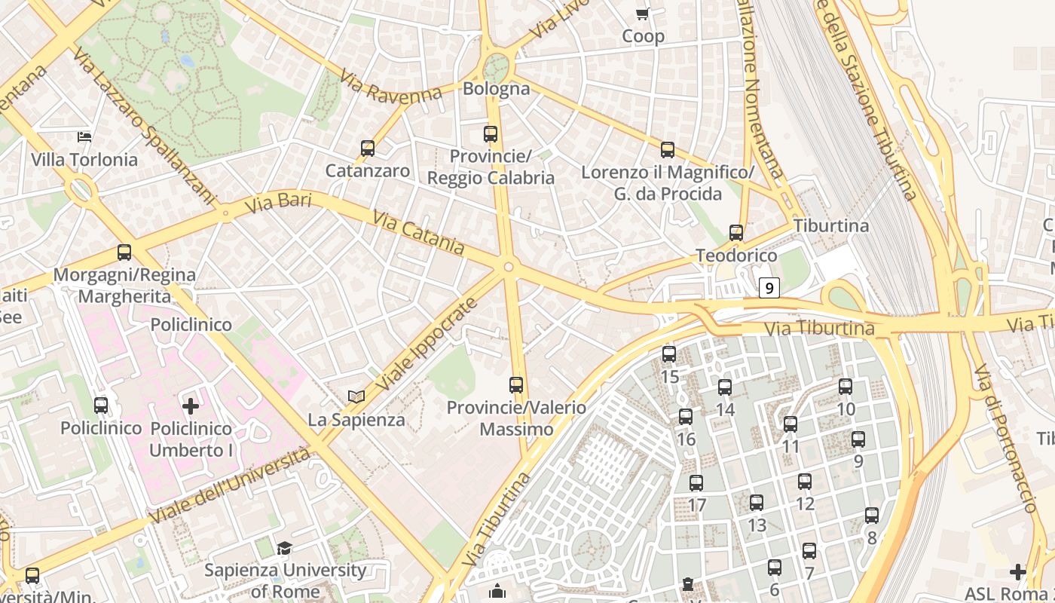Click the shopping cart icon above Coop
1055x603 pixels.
tap(643, 14)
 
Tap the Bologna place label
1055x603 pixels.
tap(497, 88)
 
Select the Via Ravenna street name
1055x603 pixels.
tap(390, 86)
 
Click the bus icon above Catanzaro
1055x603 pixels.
tap(368, 148)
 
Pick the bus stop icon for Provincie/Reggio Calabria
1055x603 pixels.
tap(491, 134)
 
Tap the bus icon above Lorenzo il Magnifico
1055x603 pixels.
tap(668, 150)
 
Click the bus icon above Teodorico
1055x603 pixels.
tap(736, 233)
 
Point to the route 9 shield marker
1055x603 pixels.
tap(768, 287)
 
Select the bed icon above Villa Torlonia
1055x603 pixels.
tap(85, 136)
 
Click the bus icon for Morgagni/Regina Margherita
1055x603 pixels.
tap(124, 253)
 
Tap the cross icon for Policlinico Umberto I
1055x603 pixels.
tap(191, 406)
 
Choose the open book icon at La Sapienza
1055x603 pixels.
tap(356, 396)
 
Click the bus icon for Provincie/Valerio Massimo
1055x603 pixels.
tap(516, 385)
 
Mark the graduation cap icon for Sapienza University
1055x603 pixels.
tap(285, 548)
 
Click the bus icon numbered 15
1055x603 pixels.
tap(669, 354)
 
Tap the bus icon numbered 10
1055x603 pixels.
tap(846, 387)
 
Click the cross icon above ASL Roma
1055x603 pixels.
tap(1018, 572)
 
